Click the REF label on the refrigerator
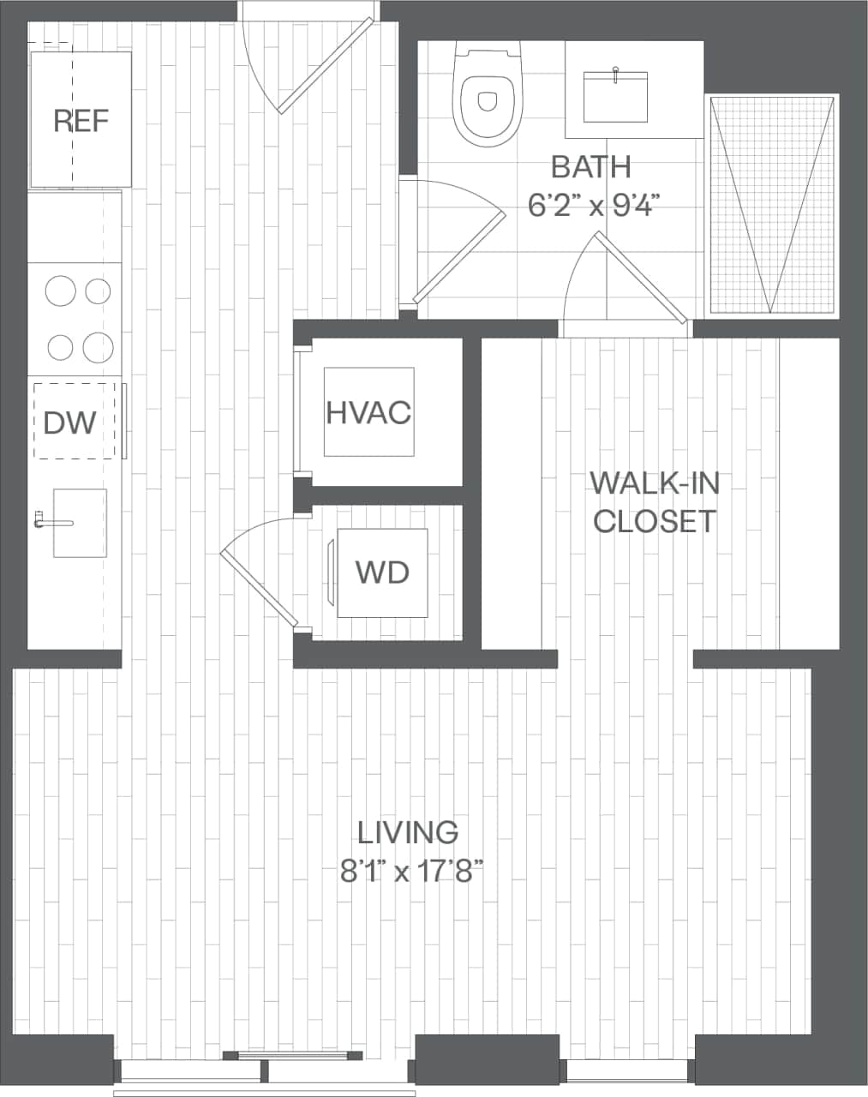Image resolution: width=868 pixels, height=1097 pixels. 81,121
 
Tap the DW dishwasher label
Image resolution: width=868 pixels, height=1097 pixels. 69,422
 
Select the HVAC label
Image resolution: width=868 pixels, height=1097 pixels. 368,413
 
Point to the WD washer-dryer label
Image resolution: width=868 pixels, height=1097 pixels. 382,572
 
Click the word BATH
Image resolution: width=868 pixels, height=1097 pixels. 590,166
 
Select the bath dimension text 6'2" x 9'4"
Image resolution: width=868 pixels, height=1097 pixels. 593,205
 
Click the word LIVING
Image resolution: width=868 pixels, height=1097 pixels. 408,832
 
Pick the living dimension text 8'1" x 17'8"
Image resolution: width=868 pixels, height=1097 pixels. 412,872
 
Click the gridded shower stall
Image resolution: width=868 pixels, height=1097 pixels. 772,206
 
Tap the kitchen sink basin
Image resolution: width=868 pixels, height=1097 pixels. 81,523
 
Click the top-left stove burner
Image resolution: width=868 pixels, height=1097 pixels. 61,291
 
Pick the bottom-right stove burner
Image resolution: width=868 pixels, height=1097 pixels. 98,347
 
